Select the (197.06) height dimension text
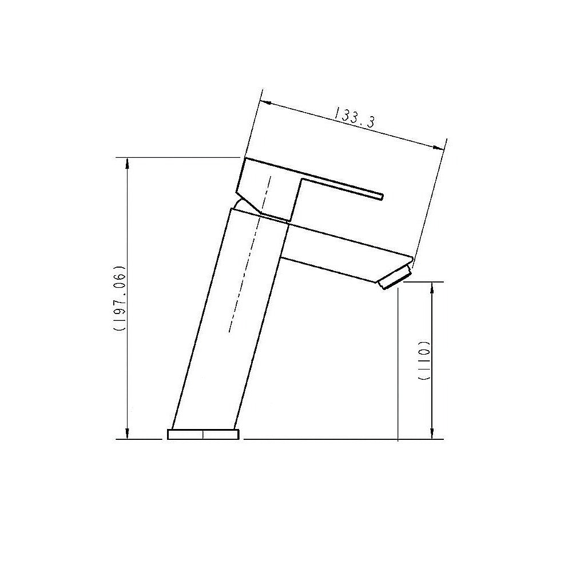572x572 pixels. (x=119, y=299)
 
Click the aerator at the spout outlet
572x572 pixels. (x=395, y=280)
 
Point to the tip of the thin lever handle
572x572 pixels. (x=380, y=197)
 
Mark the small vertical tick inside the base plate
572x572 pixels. (x=203, y=434)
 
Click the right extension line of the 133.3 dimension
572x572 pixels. (x=429, y=200)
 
